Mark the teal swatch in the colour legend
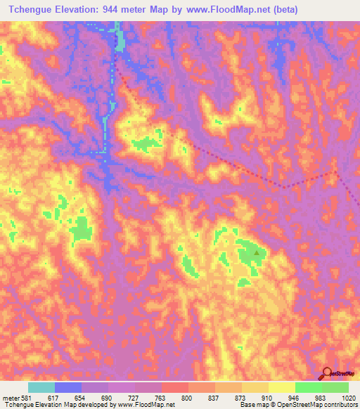[x=41, y=387]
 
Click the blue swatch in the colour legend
[x=68, y=387]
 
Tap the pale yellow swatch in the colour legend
[x=282, y=387]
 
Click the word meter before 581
[x=10, y=397]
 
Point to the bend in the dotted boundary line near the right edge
[x=335, y=170]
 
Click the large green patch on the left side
[x=82, y=228]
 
